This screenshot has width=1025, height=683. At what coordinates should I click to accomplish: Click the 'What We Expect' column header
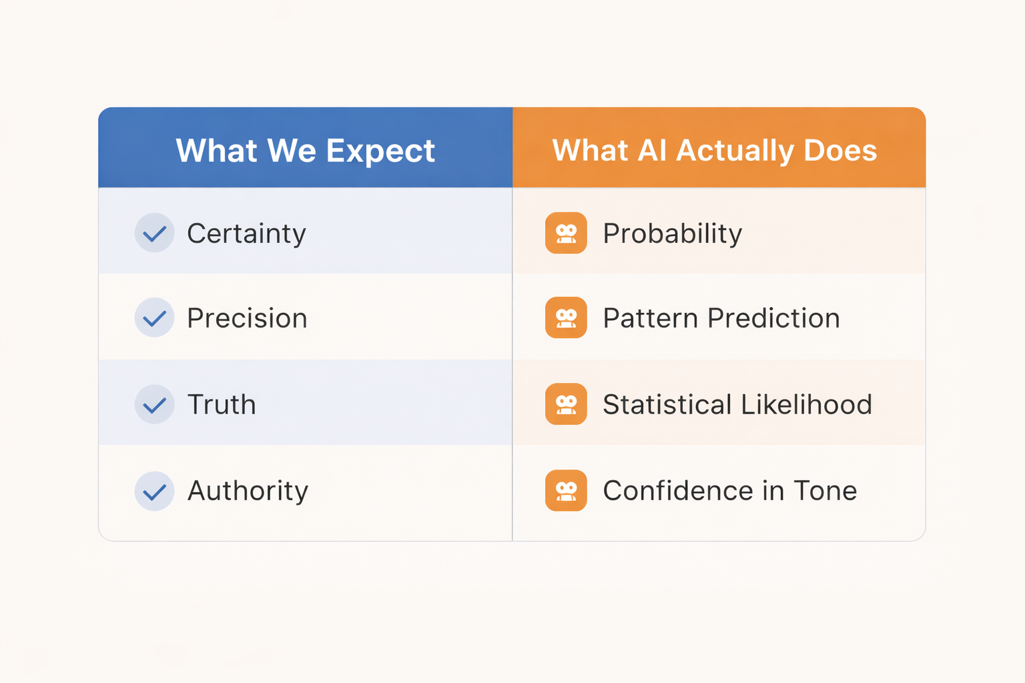tap(305, 151)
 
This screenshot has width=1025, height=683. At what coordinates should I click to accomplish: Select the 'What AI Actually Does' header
tap(714, 151)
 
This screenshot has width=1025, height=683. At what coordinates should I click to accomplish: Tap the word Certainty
tap(246, 233)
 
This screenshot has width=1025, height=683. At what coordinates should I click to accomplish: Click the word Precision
tap(247, 318)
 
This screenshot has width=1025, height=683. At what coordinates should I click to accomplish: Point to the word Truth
tap(222, 405)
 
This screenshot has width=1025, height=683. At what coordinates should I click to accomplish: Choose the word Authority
tap(248, 491)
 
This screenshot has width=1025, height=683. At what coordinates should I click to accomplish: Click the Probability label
tap(672, 233)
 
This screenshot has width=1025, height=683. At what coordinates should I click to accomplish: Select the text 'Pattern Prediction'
tap(721, 318)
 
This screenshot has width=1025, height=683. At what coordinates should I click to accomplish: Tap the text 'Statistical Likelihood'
tap(737, 405)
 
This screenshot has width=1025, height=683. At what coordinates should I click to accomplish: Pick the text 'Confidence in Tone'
tap(729, 491)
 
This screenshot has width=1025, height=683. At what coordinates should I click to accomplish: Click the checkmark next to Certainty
tap(154, 233)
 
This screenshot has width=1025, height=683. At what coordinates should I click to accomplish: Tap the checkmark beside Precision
tap(154, 318)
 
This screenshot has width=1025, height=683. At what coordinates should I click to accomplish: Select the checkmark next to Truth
tap(154, 405)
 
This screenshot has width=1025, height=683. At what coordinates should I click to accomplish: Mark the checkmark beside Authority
tap(154, 492)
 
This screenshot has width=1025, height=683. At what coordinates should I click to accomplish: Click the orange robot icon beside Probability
tap(566, 233)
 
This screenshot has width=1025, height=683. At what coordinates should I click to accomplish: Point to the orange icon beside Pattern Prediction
tap(566, 318)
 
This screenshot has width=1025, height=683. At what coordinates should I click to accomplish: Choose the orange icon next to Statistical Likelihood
tap(566, 405)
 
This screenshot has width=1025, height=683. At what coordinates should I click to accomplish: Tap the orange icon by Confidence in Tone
tap(566, 491)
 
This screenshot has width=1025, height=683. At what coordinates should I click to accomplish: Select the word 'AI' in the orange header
tap(652, 151)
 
